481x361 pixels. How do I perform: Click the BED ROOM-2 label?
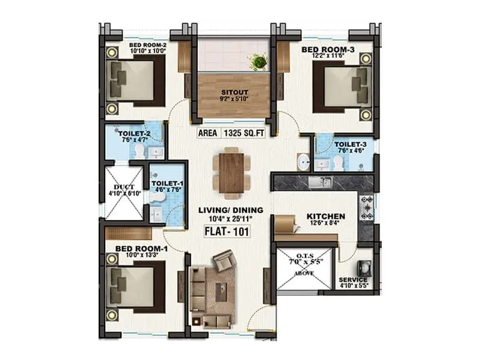click(x=147, y=45)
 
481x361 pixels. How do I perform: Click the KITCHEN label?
click(x=325, y=217)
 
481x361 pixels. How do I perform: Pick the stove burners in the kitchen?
click(x=366, y=207)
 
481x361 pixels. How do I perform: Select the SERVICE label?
click(x=353, y=280)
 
